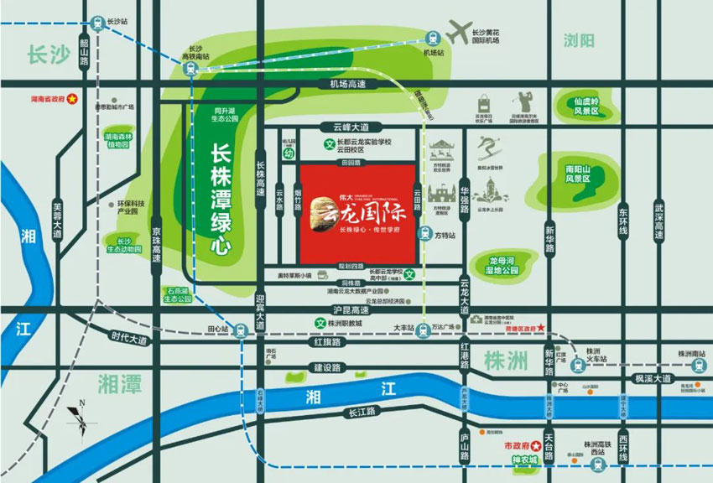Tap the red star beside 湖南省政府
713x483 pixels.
(x=72, y=98)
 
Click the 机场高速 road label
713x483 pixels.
(x=348, y=84)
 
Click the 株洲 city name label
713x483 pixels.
(x=506, y=361)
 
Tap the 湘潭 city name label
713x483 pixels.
(x=119, y=383)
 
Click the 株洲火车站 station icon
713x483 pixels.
(x=577, y=365)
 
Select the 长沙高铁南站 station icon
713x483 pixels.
(x=191, y=68)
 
